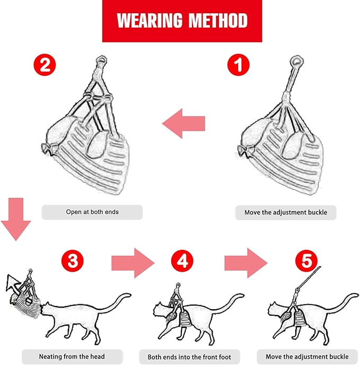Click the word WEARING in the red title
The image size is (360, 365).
tap(147, 21)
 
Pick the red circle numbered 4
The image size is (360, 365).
tap(182, 260)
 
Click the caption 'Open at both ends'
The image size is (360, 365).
tap(92, 212)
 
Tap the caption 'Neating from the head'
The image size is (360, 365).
tap(72, 356)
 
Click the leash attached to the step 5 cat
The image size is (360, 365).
tap(307, 282)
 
